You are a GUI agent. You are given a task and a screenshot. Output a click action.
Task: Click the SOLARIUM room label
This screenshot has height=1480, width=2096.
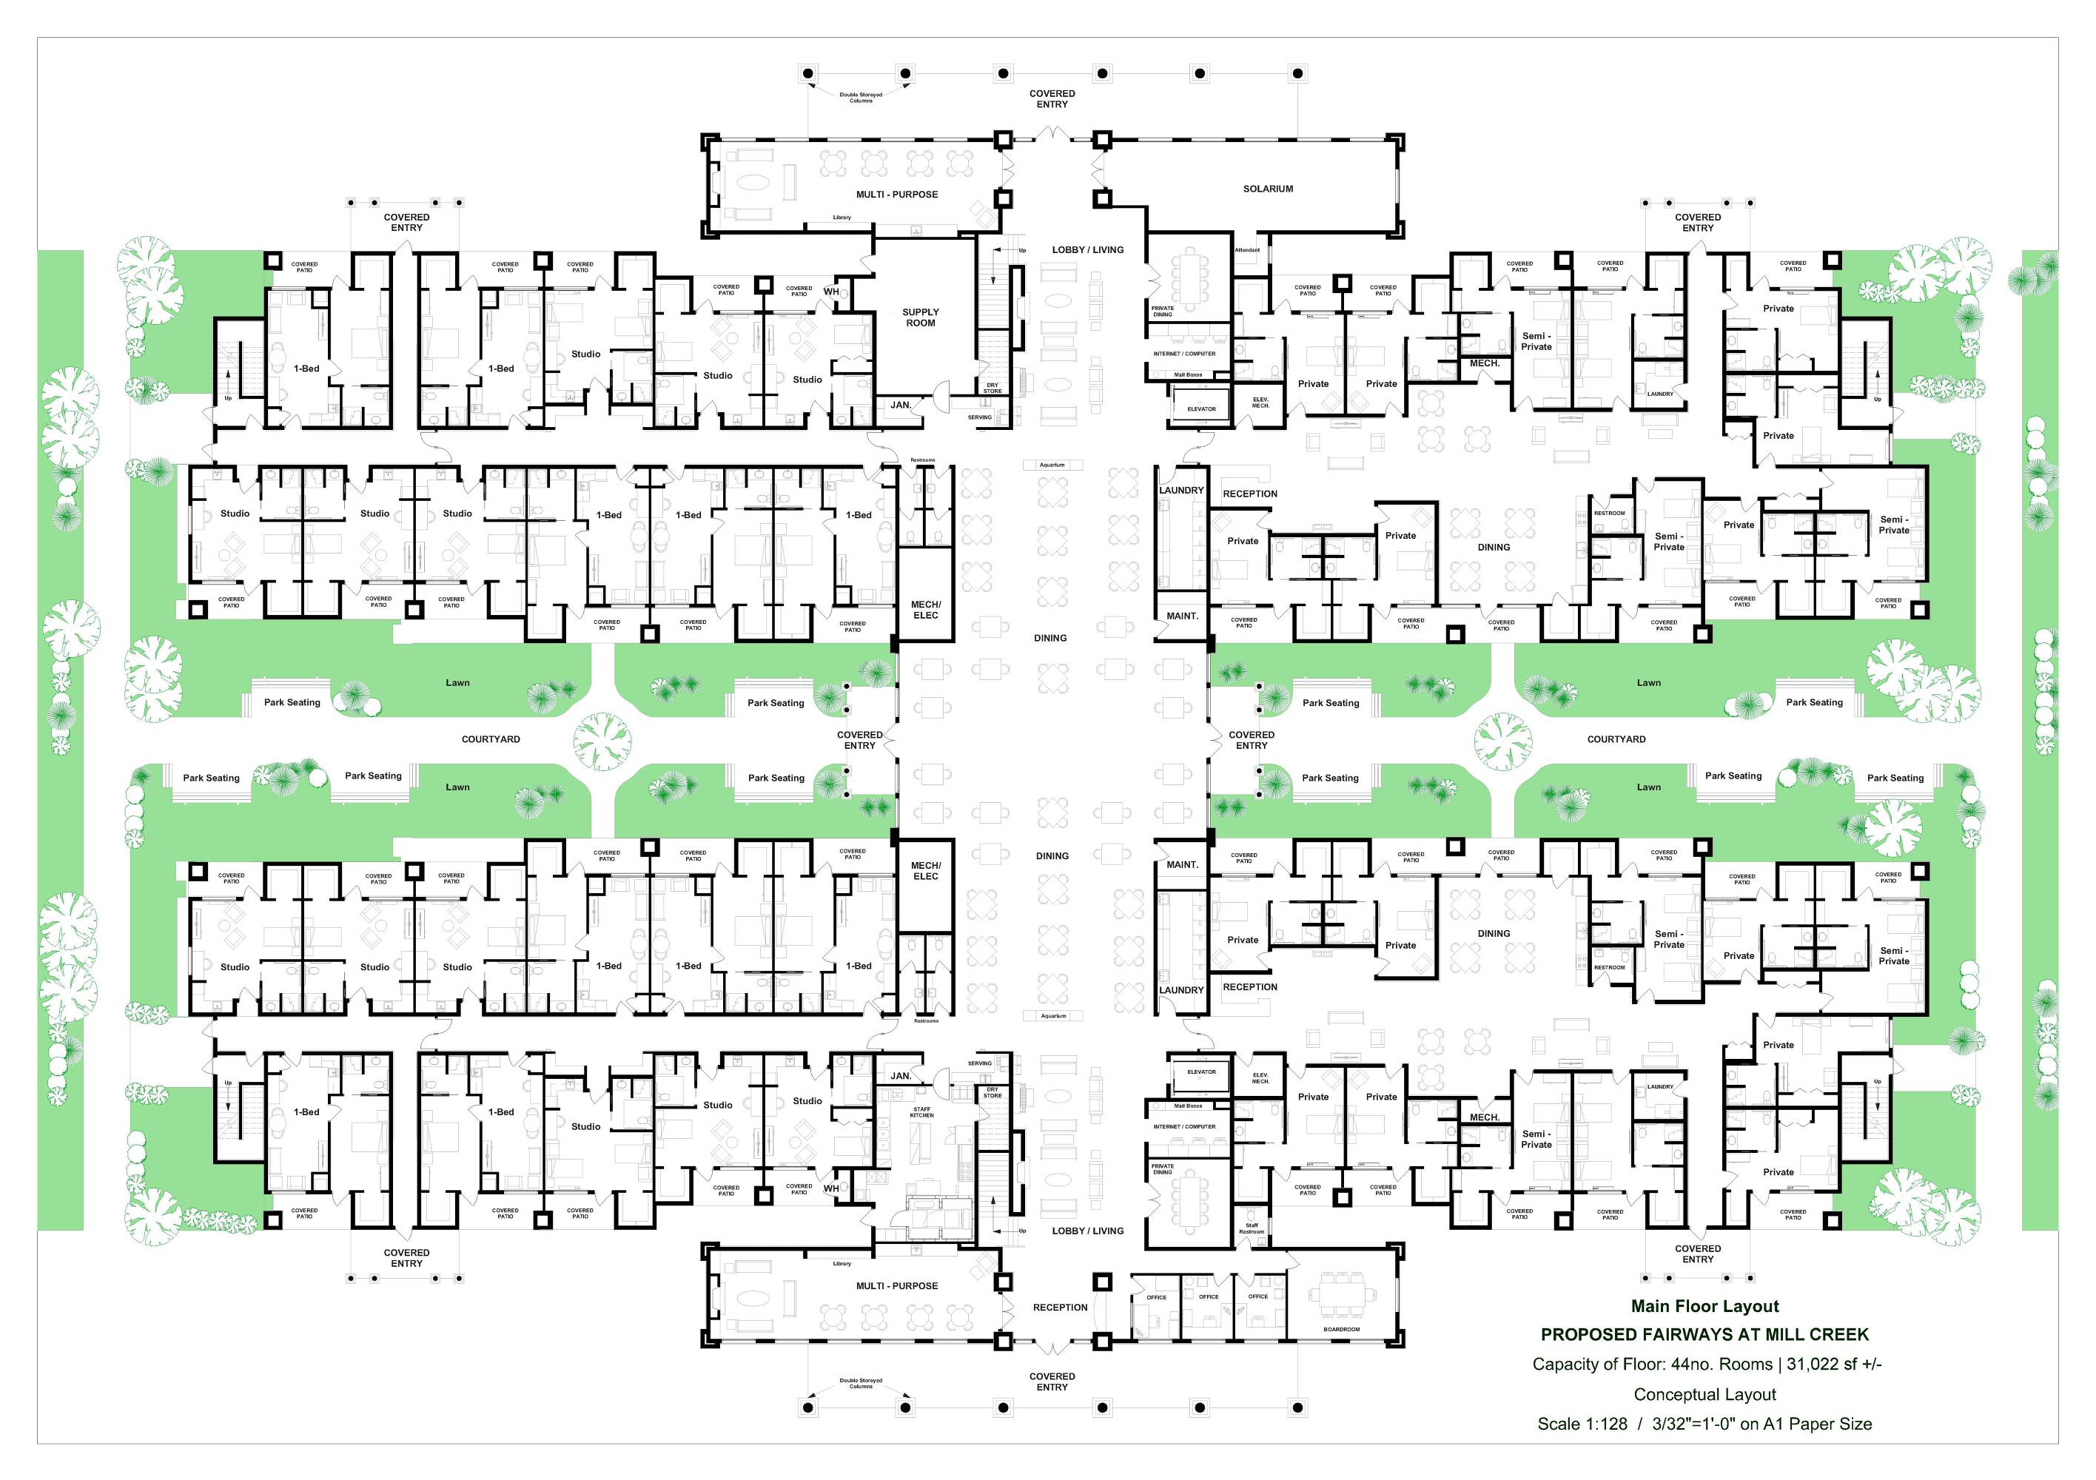click(x=1268, y=189)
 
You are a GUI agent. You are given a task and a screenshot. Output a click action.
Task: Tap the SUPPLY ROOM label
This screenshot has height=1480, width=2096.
click(x=920, y=317)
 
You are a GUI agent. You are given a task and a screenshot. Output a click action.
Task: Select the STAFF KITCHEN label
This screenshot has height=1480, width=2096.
click(x=922, y=1112)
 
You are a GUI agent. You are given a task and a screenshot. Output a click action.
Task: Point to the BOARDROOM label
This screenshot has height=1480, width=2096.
click(x=1341, y=1329)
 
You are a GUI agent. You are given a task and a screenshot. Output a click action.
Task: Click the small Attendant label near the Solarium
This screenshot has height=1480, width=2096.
click(x=1247, y=250)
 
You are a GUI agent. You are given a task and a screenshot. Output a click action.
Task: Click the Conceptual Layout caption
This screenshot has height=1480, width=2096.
click(x=1704, y=1394)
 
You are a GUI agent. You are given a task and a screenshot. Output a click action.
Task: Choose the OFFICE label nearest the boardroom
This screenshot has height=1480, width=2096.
click(x=1258, y=1296)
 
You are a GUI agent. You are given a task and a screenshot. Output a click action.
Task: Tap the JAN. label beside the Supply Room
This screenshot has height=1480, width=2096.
click(x=901, y=405)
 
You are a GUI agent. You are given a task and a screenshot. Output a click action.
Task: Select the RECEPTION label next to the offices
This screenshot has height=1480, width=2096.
click(x=1060, y=1308)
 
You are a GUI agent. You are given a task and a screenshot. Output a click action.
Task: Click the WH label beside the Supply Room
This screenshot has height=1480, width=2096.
click(x=830, y=292)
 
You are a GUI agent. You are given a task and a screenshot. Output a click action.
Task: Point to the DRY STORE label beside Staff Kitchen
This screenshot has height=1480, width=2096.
click(x=992, y=1093)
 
